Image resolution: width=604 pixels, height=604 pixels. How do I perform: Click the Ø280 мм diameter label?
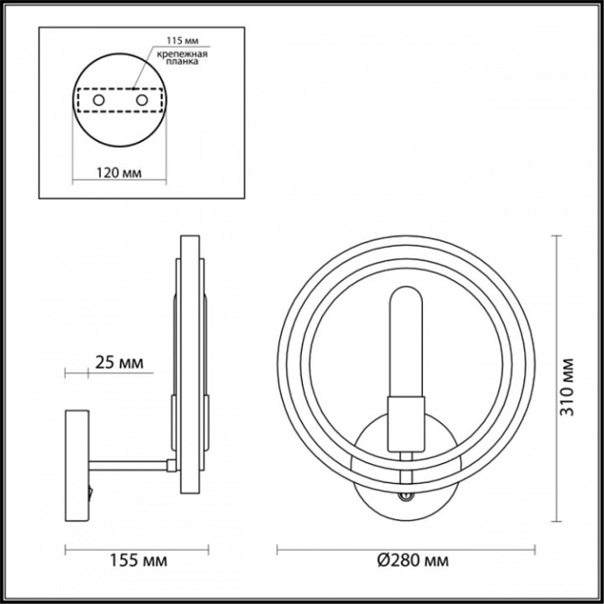(407, 559)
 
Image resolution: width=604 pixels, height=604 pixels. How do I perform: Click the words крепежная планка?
(182, 59)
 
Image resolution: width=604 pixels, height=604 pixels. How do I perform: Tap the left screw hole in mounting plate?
(99, 102)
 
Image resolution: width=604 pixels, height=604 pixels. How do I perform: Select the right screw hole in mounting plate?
(140, 102)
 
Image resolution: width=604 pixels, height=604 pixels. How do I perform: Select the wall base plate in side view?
(76, 464)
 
